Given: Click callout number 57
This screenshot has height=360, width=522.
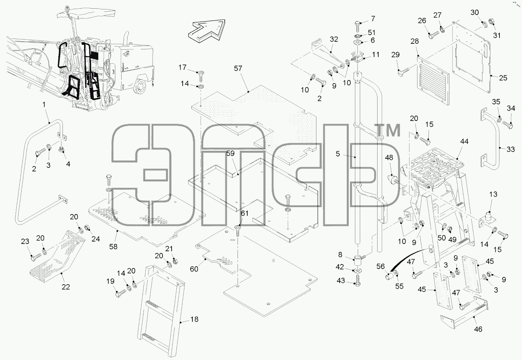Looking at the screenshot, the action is click(238, 68).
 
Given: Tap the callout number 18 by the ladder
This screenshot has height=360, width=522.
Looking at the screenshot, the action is click(194, 319).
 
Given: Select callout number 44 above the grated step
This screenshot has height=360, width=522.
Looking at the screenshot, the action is click(464, 141).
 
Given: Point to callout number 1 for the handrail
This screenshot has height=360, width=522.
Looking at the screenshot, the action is click(44, 105).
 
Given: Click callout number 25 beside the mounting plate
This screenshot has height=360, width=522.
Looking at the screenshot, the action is click(503, 78).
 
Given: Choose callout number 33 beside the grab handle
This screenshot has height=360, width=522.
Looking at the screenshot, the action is click(511, 149).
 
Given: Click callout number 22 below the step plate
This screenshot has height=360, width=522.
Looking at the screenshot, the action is click(66, 287).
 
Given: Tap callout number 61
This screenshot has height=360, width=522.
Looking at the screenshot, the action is click(245, 213).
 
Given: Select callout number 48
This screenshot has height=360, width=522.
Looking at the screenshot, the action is click(389, 158).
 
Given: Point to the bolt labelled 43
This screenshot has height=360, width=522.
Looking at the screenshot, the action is click(358, 280).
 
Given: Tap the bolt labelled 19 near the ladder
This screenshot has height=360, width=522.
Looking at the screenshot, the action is click(121, 293).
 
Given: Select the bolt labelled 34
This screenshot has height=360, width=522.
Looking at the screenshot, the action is click(507, 125).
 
